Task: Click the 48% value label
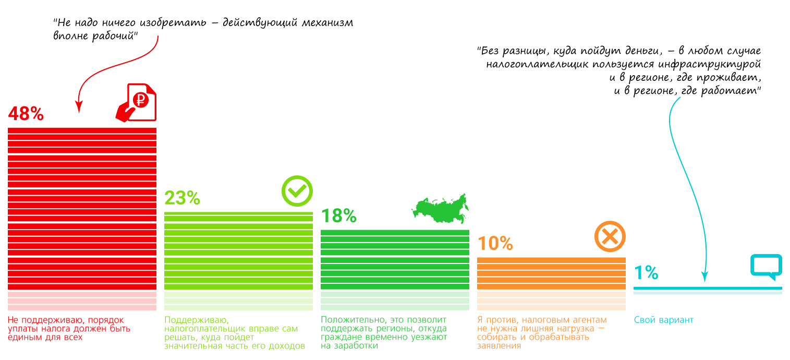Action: point(26,114)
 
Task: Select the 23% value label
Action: point(182,198)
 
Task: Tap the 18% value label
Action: point(338,215)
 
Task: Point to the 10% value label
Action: point(495,243)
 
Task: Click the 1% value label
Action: point(646,273)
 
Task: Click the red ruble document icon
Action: point(136,103)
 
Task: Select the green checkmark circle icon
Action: point(297,191)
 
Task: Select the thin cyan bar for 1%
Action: point(708,288)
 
